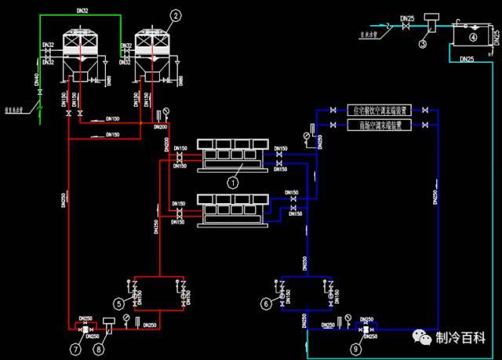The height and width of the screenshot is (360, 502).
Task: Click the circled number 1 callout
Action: click(x=232, y=181)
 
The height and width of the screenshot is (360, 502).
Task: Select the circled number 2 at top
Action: click(x=175, y=15)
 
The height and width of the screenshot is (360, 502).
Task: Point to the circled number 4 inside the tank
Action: click(x=472, y=36)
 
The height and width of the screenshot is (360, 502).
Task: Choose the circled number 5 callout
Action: click(x=119, y=303)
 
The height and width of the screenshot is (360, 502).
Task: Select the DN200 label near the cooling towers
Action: click(x=162, y=126)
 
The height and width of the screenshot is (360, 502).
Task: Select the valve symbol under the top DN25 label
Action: click(x=405, y=27)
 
